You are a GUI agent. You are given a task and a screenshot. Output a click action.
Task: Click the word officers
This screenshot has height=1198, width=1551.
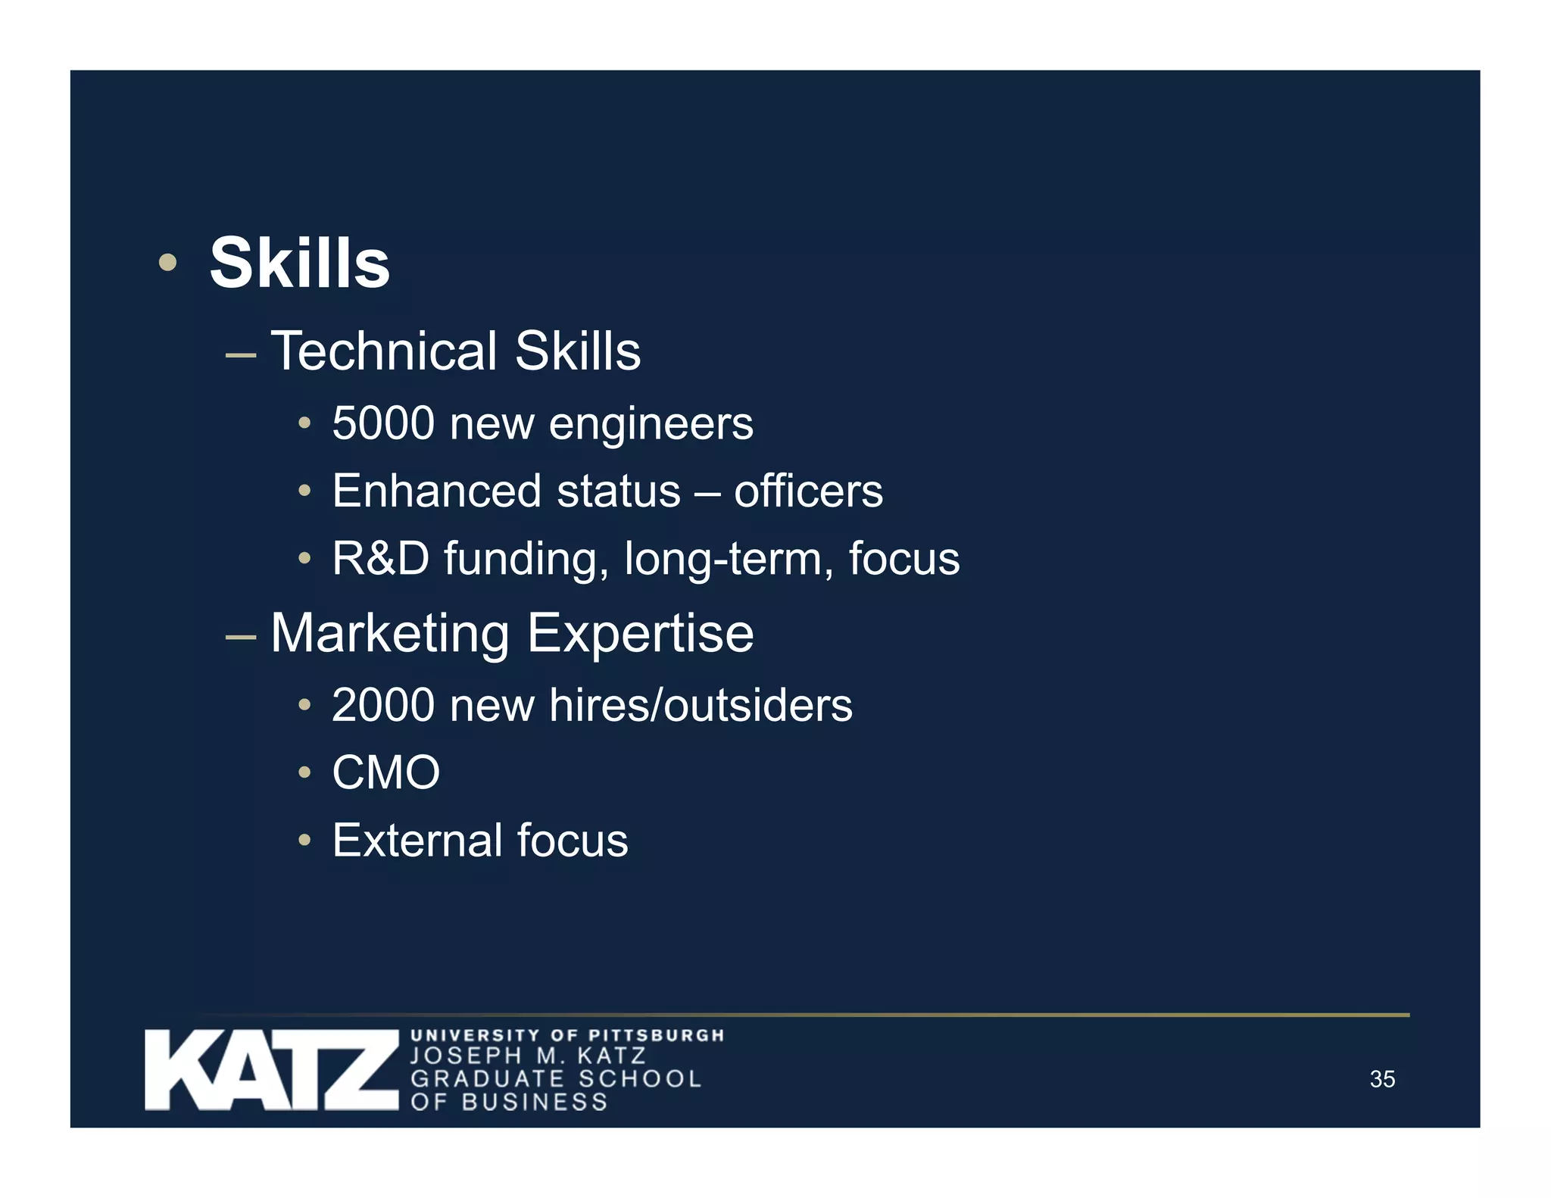point(808,491)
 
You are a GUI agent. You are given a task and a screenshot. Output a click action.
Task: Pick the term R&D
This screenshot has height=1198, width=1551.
point(380,558)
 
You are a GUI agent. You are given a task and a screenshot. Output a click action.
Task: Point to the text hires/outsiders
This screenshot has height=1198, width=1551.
point(701,705)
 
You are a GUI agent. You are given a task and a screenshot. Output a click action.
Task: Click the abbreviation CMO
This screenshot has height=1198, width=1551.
point(385,772)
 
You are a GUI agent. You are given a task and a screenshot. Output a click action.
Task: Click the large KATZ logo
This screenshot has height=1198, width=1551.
point(271,1069)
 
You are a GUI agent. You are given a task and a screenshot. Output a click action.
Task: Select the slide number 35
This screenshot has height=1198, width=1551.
point(1382,1078)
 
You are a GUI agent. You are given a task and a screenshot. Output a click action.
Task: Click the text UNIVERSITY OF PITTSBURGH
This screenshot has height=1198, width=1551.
point(567,1034)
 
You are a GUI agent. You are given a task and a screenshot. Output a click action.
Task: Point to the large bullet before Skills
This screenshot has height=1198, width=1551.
point(167,263)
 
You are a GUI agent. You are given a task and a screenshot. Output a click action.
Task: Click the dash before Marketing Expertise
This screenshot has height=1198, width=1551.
point(240,637)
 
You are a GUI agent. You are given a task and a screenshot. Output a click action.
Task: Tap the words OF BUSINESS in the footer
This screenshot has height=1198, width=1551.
point(509,1102)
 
